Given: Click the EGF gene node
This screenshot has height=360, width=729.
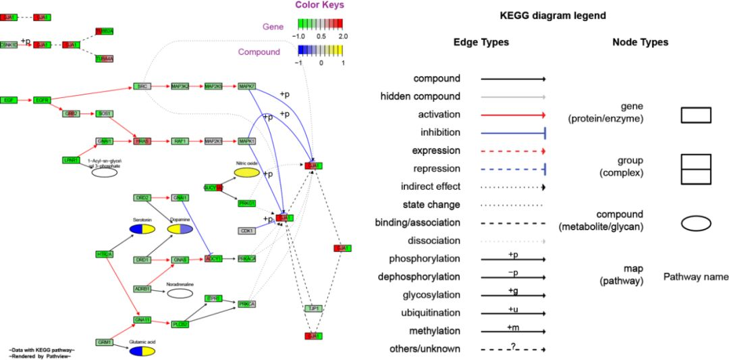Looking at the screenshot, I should pyautogui.click(x=9, y=100).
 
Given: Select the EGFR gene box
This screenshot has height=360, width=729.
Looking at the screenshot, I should pyautogui.click(x=43, y=100).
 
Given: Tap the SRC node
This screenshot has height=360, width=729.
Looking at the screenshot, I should pyautogui.click(x=142, y=86).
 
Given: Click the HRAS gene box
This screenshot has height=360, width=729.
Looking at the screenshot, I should pyautogui.click(x=142, y=141).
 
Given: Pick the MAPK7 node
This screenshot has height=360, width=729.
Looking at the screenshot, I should pyautogui.click(x=247, y=86).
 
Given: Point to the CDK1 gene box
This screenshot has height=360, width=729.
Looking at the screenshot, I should pyautogui.click(x=247, y=231).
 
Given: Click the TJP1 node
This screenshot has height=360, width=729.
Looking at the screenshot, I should pyautogui.click(x=313, y=308).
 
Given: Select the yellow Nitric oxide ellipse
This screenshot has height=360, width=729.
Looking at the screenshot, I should pyautogui.click(x=247, y=173).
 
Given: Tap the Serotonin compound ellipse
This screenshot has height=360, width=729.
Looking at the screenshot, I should pyautogui.click(x=142, y=230).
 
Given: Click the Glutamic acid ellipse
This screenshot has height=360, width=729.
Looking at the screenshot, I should pyautogui.click(x=142, y=351).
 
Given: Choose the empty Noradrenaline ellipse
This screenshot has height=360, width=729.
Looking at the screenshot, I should pyautogui.click(x=180, y=293).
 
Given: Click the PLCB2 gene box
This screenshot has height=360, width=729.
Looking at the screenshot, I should pyautogui.click(x=180, y=324).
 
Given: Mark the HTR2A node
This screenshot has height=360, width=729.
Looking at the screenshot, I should pyautogui.click(x=104, y=255).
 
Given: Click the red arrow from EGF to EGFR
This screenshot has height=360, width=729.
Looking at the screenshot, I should pyautogui.click(x=26, y=100).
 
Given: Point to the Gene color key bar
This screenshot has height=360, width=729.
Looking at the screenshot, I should pyautogui.click(x=320, y=24).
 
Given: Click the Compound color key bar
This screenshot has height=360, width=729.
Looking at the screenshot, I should pyautogui.click(x=320, y=50).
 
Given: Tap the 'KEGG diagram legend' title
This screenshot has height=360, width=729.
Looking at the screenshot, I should pyautogui.click(x=552, y=16).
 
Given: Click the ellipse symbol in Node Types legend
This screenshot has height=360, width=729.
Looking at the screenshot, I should pyautogui.click(x=696, y=223).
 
